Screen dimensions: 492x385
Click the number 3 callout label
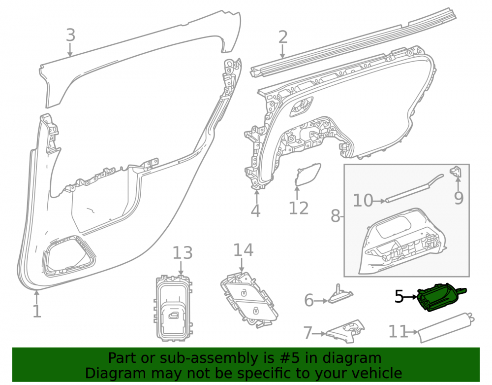pos(70,35)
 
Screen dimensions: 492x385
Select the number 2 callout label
pos(283,37)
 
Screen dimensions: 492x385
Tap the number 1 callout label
pos(37,311)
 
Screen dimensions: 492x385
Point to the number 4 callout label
pos(255,210)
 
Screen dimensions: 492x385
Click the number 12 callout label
pos(299,208)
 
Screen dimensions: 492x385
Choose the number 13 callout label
pos(183,253)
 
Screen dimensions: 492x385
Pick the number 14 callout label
pos(243,250)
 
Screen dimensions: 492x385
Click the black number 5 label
pos(399,296)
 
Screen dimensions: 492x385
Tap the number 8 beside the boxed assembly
pos(336,216)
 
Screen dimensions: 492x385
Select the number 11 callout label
pos(398,331)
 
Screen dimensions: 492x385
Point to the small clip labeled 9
pos(456,171)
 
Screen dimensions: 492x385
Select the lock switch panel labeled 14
pos(249,300)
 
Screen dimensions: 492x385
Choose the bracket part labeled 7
pos(345,332)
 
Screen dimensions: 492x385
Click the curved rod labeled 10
pos(414,189)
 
